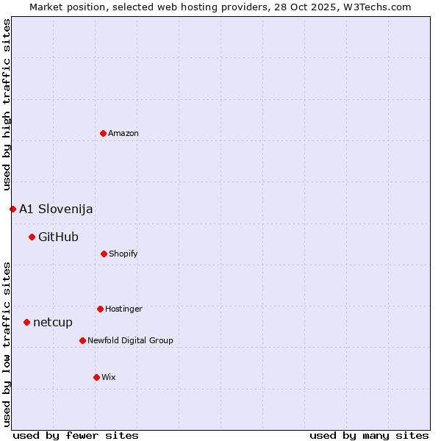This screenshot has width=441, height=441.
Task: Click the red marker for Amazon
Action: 103,133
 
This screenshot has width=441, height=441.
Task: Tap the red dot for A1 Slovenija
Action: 12,209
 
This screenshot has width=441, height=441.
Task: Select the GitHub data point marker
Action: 32,237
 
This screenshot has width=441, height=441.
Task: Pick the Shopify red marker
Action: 104,254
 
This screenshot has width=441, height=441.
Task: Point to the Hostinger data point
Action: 100,309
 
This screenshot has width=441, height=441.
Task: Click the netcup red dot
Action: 26,322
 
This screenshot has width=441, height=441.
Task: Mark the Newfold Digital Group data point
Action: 82,340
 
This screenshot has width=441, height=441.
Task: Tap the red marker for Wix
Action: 96,377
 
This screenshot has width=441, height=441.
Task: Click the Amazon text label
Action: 123,133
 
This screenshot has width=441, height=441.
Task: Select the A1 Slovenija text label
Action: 56,209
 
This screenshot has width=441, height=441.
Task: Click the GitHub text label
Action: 58,237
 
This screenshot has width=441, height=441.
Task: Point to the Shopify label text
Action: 123,254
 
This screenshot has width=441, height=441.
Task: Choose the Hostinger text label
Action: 123,309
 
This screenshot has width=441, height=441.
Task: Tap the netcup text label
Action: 53,322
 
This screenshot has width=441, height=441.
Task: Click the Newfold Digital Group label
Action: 130,340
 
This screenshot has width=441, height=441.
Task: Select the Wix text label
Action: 109,377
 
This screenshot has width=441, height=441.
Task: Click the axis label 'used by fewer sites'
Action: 76,435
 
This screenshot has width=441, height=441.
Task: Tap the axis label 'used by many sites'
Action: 369,435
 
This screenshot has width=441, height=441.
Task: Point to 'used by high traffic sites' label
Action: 7,104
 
